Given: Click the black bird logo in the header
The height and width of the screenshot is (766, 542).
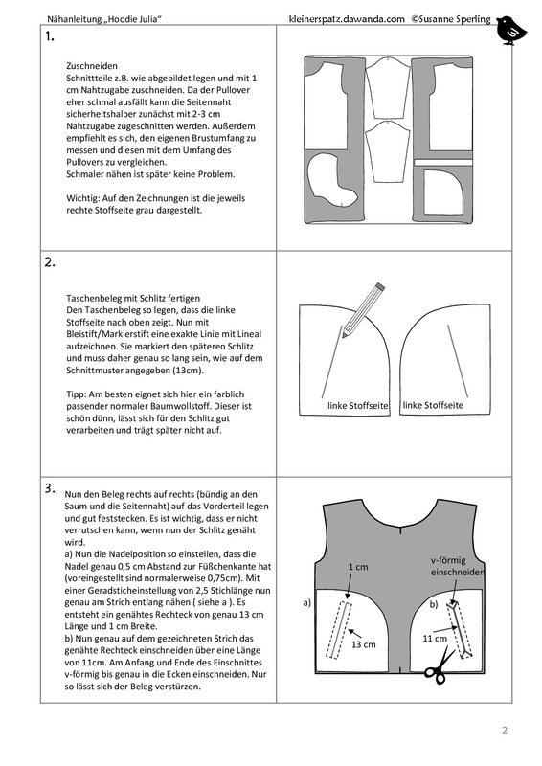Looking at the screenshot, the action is (x=510, y=31).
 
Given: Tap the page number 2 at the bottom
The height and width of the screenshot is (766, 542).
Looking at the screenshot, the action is (x=505, y=731).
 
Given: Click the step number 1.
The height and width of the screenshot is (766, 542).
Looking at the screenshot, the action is (x=49, y=36).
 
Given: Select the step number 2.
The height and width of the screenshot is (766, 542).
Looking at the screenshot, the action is (x=50, y=262).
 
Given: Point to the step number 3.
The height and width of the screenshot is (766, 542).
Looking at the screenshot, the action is (x=50, y=488).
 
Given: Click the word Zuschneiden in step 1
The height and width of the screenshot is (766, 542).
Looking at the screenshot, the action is (x=92, y=66).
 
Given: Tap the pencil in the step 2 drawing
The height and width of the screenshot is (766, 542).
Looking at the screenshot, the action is (x=363, y=309).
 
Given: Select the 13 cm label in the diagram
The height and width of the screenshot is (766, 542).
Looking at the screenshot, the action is (x=364, y=644).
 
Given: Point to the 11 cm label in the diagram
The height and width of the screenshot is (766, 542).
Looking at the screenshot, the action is (x=435, y=639).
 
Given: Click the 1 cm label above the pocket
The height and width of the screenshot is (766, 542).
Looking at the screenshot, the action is (x=358, y=567).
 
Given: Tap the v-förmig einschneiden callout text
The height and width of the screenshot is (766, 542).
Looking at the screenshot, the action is (x=457, y=566).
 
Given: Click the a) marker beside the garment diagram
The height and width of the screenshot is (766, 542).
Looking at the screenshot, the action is (x=307, y=603).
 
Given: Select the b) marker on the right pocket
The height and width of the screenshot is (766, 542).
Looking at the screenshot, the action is (x=434, y=605).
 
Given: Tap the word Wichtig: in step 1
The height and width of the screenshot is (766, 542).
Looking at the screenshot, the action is (x=83, y=198).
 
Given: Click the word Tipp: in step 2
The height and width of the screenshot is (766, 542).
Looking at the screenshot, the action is (x=76, y=394).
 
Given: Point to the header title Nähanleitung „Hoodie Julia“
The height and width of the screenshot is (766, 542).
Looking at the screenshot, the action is (x=104, y=19).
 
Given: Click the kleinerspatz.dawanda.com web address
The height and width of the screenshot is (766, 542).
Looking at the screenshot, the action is (x=347, y=19).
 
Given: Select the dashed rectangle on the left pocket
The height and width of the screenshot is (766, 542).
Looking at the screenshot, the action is (x=339, y=631).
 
